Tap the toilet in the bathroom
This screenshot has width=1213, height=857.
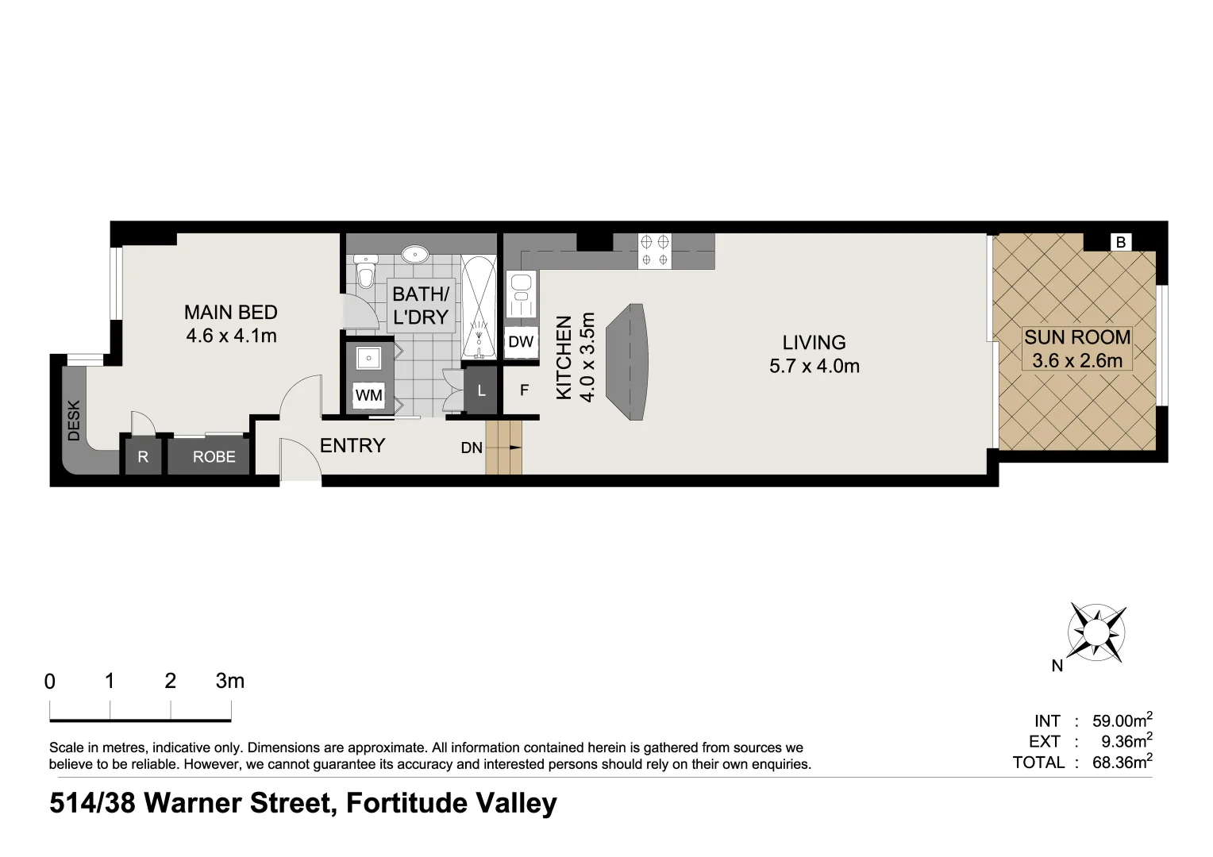(365, 272)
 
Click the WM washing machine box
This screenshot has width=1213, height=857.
(368, 394)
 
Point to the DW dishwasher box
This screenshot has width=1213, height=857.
(521, 342)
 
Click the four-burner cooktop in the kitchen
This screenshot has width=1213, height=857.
(654, 250)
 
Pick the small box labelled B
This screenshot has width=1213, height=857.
(1120, 242)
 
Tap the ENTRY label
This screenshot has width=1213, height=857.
(352, 446)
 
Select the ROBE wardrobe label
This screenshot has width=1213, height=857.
(214, 457)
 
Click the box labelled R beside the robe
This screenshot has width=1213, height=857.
(143, 457)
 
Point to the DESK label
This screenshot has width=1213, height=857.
(74, 420)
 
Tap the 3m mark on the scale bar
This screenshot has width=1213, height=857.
(229, 681)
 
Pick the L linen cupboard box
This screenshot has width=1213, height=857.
(481, 390)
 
